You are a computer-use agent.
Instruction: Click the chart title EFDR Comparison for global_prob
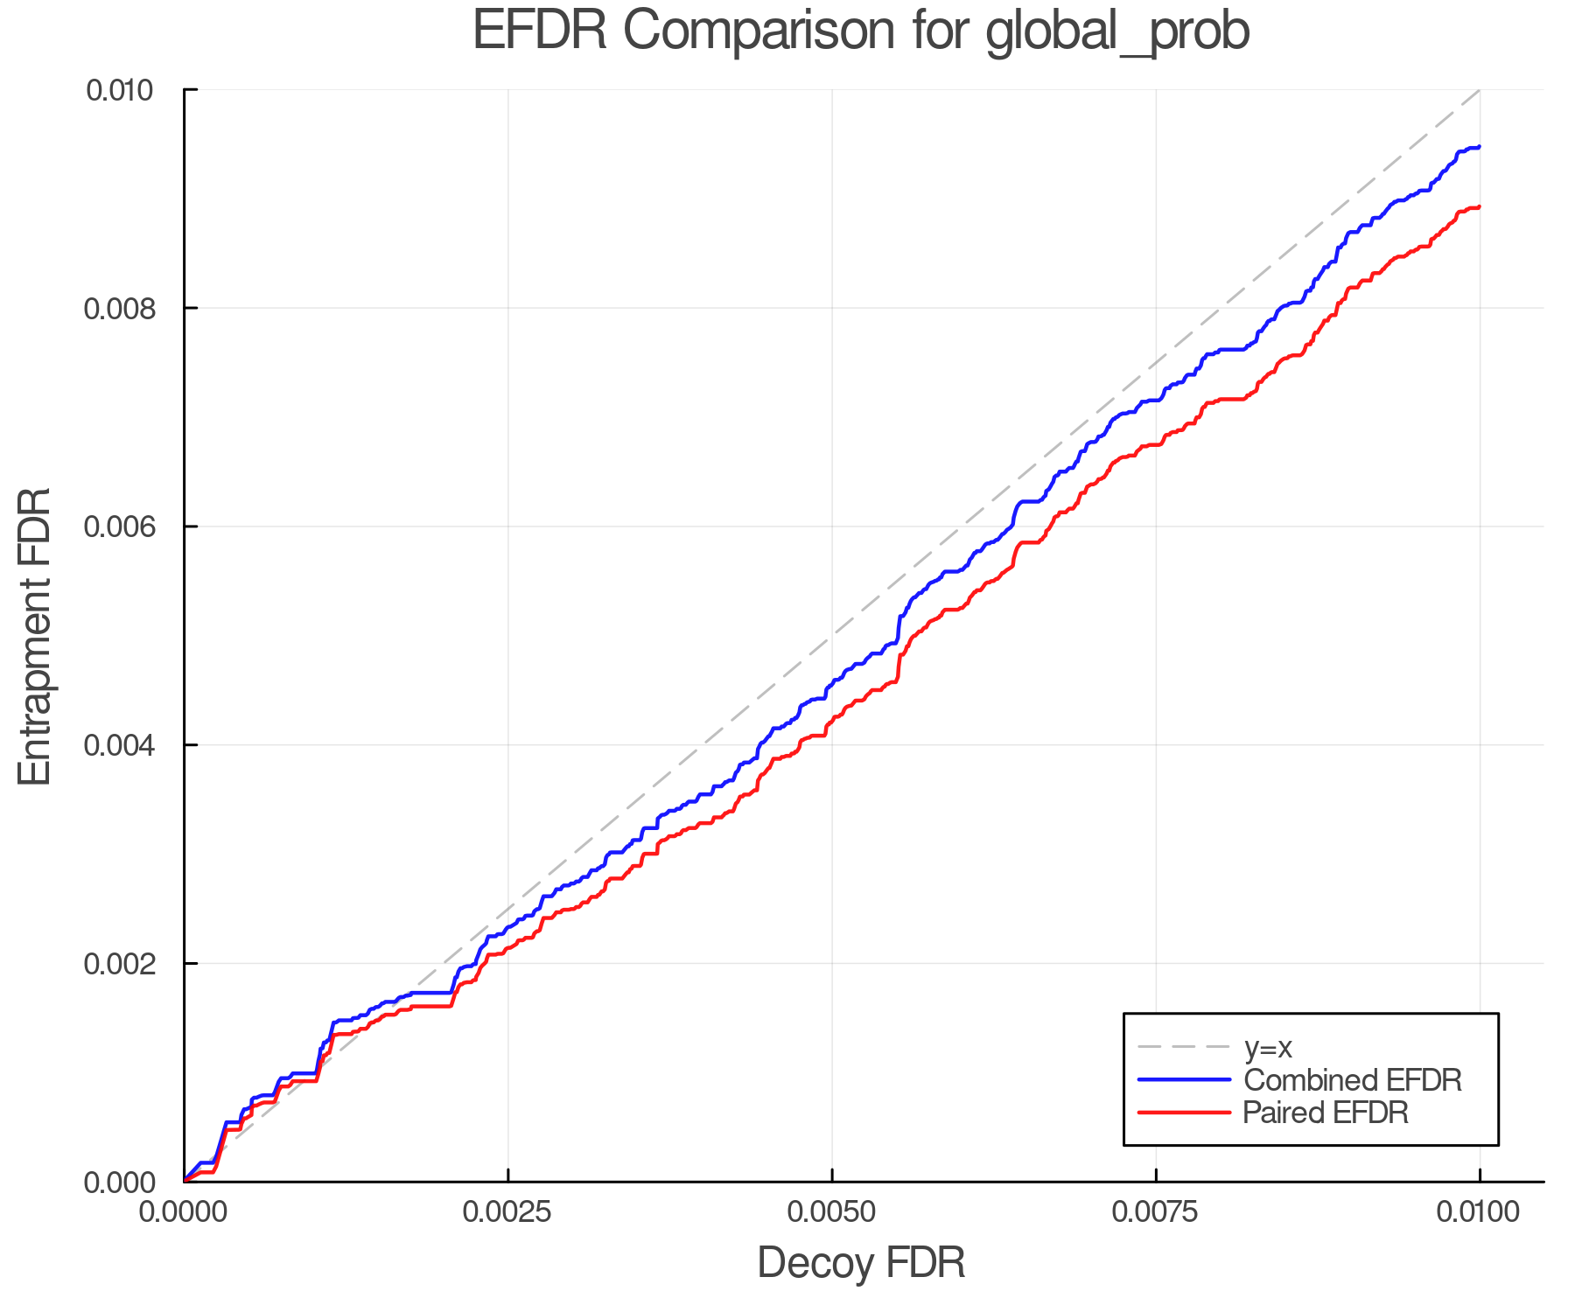861,31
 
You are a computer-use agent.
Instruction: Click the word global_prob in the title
1117,31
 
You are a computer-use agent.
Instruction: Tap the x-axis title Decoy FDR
861,1262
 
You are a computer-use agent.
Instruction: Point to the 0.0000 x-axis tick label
185,1212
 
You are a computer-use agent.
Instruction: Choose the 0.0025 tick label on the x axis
508,1212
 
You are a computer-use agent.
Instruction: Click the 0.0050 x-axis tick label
832,1212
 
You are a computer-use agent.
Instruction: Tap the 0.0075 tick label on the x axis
1156,1212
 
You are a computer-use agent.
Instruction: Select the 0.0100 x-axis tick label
1480,1212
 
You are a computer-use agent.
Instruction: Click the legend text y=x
1268,1047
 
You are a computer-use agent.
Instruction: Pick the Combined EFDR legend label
1353,1080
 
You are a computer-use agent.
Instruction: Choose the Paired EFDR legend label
1326,1113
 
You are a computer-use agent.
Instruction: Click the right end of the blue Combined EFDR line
1479,147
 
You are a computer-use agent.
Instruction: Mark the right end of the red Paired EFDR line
1479,207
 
